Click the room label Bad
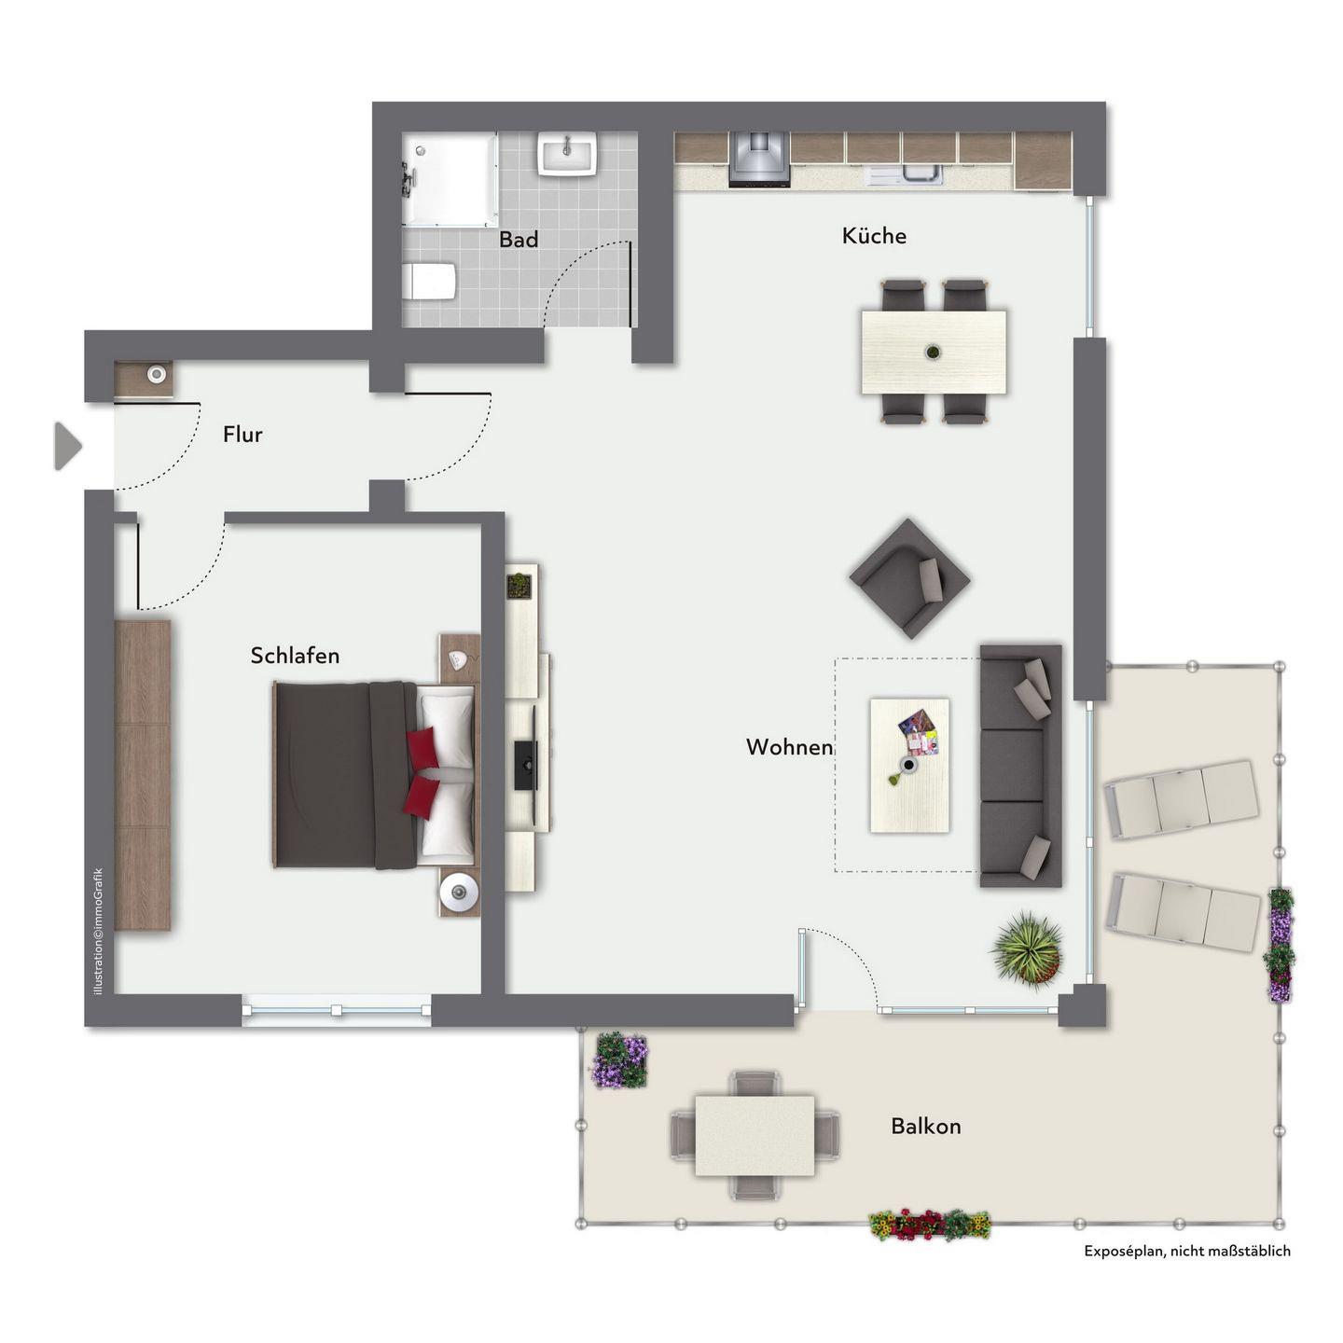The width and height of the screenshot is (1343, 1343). (x=519, y=239)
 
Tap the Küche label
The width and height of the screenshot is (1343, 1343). (x=874, y=236)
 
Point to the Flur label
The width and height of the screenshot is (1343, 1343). (x=242, y=435)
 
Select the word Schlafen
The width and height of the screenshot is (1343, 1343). (x=295, y=655)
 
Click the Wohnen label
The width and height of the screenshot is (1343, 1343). (x=790, y=747)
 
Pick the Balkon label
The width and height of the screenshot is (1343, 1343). (x=925, y=1127)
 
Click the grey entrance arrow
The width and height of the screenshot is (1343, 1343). (x=68, y=446)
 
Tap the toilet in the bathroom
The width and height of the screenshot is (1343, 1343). (x=429, y=282)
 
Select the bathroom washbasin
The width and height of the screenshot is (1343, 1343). (x=567, y=153)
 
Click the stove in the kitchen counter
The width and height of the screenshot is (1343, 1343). (x=759, y=159)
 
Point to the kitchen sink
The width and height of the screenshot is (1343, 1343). (x=903, y=175)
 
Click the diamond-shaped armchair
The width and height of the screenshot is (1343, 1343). (x=909, y=578)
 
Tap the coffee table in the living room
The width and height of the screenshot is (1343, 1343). (x=909, y=766)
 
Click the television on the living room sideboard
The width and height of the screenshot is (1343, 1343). (x=526, y=766)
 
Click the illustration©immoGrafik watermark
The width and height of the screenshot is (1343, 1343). (x=98, y=931)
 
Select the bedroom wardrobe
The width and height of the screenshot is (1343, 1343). (x=142, y=774)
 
